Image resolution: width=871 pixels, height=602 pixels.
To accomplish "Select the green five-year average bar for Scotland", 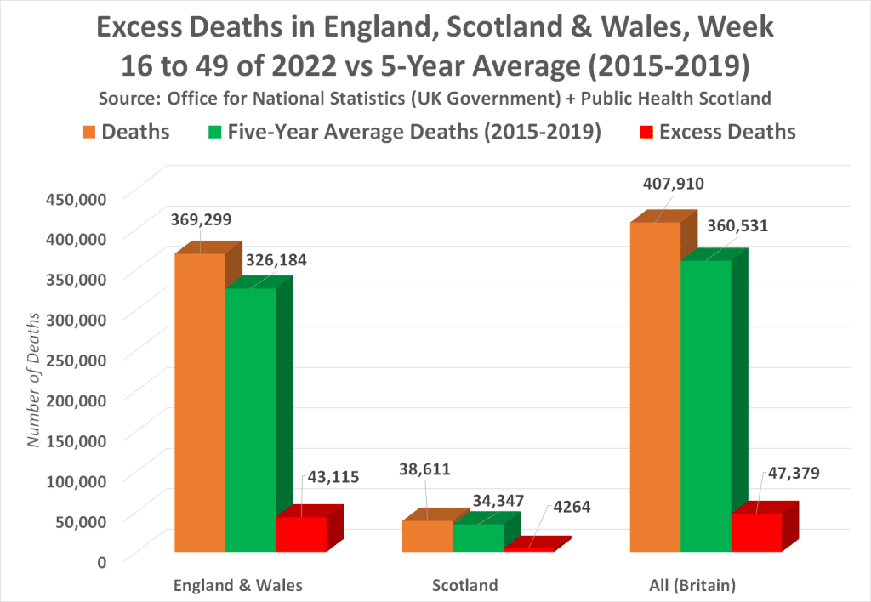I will (477, 537).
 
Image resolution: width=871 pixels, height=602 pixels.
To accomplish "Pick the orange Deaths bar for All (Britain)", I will (655, 387).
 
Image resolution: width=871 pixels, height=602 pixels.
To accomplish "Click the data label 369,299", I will (200, 219).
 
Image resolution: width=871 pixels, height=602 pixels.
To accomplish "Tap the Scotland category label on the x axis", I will (464, 585).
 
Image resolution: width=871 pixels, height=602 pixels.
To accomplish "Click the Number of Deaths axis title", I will (34, 378).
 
